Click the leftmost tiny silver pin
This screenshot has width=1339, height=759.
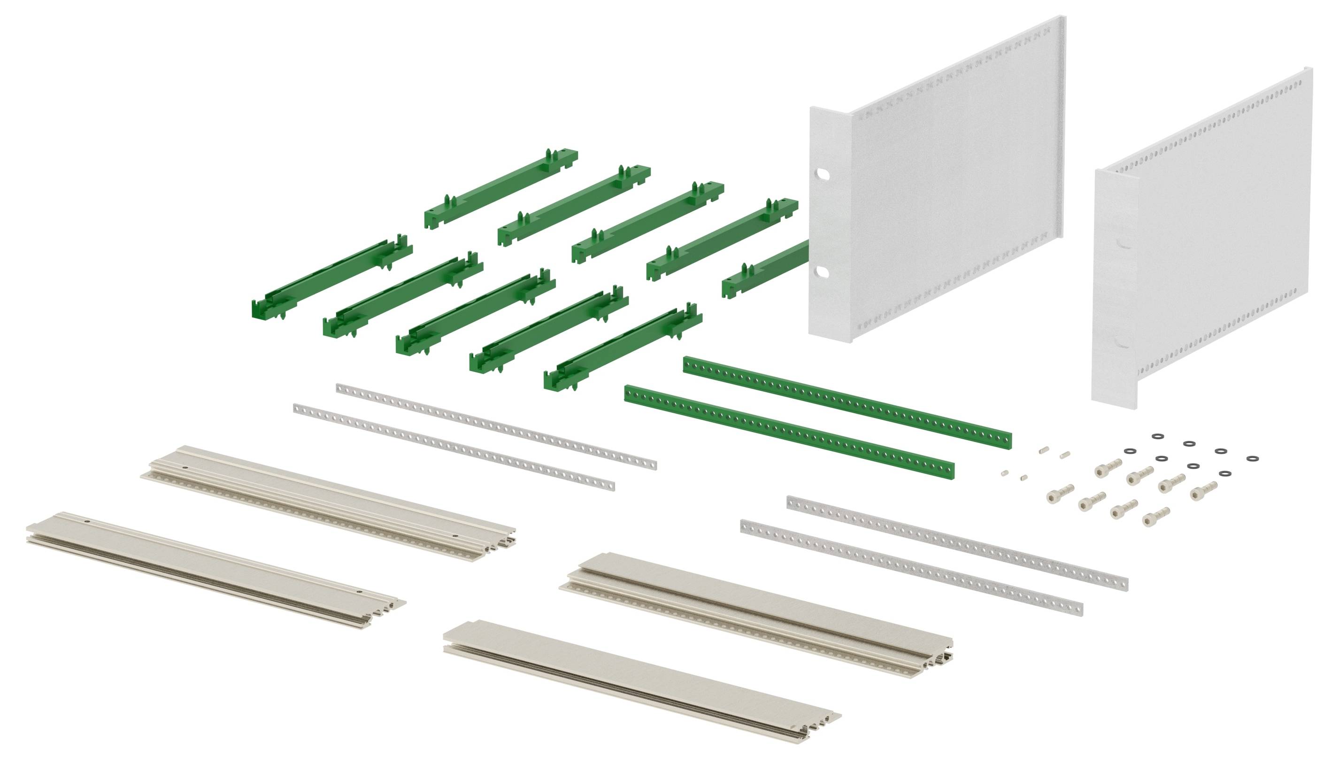[1003, 473]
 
